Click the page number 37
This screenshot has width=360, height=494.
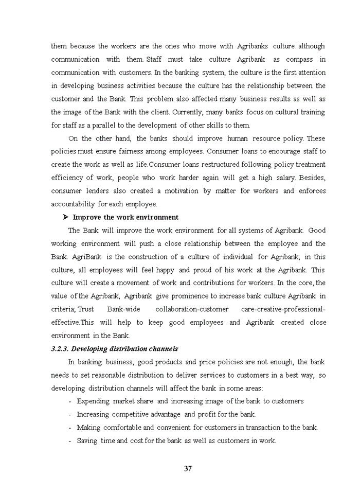click(x=188, y=468)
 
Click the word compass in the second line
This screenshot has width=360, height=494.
click(x=299, y=60)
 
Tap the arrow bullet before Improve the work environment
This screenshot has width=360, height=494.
click(x=65, y=217)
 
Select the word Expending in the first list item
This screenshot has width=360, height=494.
click(x=94, y=401)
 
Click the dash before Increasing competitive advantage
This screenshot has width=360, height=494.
click(x=69, y=414)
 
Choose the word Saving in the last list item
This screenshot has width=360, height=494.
click(x=87, y=440)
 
